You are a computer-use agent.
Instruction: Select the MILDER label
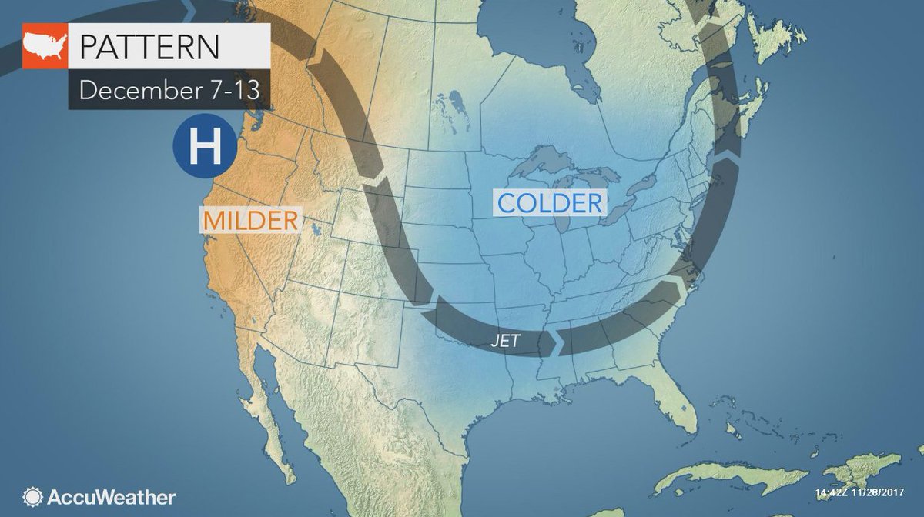[x=250, y=220]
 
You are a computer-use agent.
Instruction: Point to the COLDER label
[x=549, y=203]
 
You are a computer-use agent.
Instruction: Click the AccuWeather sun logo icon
[x=32, y=496]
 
